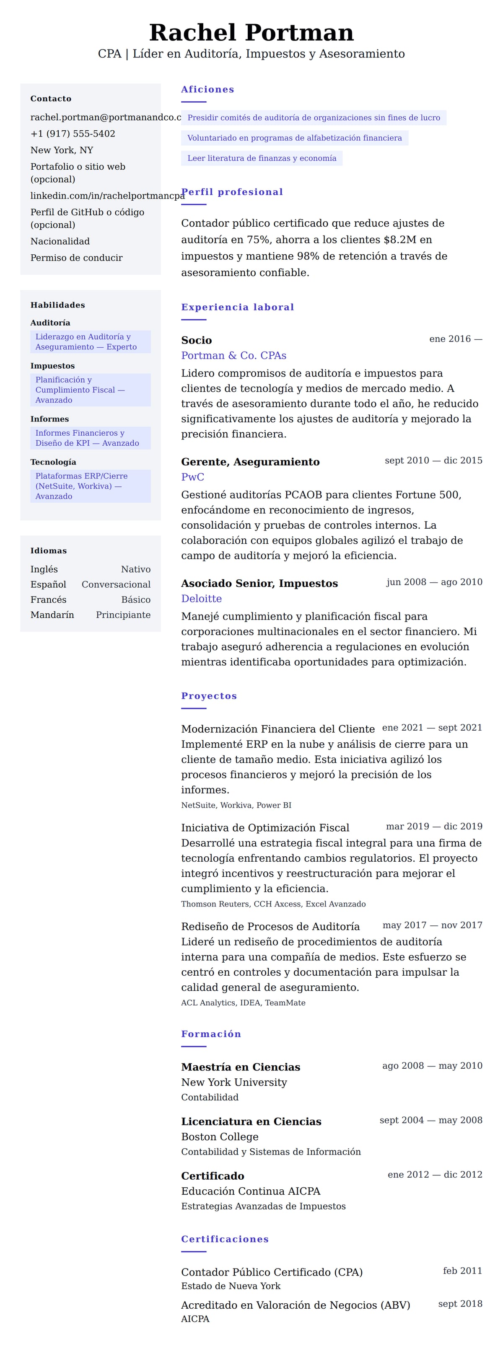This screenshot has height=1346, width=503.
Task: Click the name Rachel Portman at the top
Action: (x=251, y=32)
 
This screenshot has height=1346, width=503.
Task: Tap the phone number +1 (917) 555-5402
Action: (x=73, y=134)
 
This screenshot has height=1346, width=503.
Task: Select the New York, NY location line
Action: (x=62, y=150)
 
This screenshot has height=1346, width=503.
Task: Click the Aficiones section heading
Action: (x=207, y=89)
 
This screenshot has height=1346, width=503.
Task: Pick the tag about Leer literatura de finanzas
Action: (x=262, y=158)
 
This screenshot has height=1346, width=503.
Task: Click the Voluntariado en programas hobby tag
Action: (x=294, y=138)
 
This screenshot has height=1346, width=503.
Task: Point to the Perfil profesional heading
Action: (x=232, y=192)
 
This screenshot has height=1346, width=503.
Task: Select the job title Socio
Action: (x=197, y=340)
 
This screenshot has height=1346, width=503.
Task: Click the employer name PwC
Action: (x=192, y=477)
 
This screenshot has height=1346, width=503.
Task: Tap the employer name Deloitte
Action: (x=201, y=599)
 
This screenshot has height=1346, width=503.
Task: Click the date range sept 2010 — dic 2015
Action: (x=433, y=460)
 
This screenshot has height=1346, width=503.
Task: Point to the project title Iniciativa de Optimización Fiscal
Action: (x=265, y=828)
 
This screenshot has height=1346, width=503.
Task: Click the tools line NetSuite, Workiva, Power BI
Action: (x=236, y=805)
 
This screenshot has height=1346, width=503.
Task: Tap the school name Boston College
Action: (x=220, y=1137)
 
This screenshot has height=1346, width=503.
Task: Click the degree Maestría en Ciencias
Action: (x=241, y=1067)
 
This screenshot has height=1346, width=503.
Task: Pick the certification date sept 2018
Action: (x=460, y=1304)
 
